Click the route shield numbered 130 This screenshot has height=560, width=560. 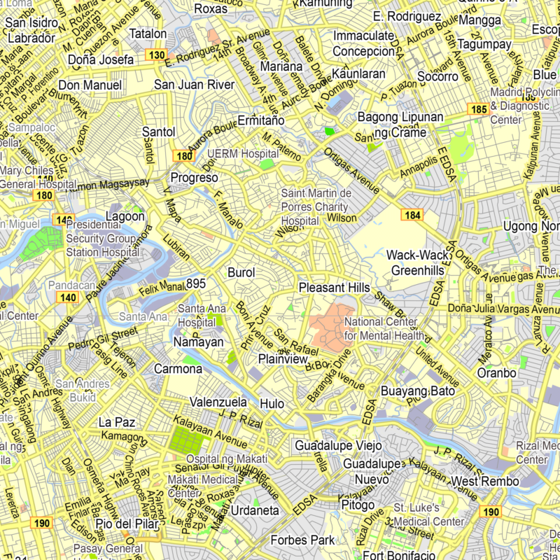pyautogui.click(x=157, y=55)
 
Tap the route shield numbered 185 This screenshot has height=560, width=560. pyautogui.click(x=479, y=109)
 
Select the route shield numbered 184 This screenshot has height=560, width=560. pyautogui.click(x=412, y=215)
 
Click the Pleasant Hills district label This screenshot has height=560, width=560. pyautogui.click(x=334, y=288)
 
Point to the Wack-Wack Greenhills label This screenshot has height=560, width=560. pyautogui.click(x=417, y=262)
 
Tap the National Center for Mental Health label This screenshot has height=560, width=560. pyautogui.click(x=381, y=328)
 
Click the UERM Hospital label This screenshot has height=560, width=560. pyautogui.click(x=233, y=153)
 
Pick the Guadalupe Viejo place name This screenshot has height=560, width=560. pyautogui.click(x=338, y=446)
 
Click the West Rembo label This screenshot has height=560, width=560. pyautogui.click(x=485, y=482)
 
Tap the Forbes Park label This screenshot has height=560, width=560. pyautogui.click(x=302, y=540)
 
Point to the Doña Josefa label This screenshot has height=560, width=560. pyautogui.click(x=100, y=60)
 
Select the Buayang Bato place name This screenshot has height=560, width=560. pyautogui.click(x=417, y=391)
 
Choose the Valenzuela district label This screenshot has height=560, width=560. pyautogui.click(x=218, y=402)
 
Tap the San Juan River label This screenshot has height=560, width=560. pyautogui.click(x=194, y=85)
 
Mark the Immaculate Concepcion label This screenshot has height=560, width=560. pyautogui.click(x=364, y=43)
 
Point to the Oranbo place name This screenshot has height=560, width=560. pyautogui.click(x=496, y=373)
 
